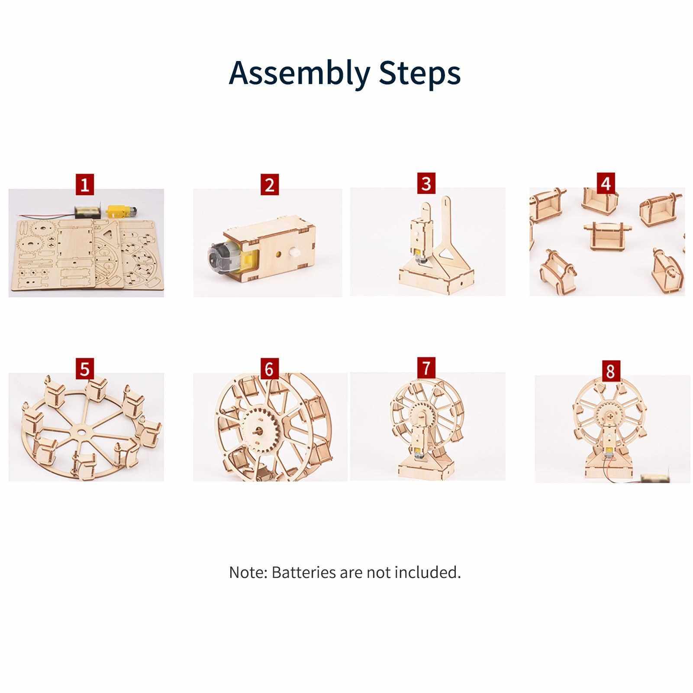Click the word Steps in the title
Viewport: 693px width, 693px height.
click(420, 72)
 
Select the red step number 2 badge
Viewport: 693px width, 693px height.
click(270, 185)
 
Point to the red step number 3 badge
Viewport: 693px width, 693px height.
click(426, 184)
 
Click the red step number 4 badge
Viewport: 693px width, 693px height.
click(606, 183)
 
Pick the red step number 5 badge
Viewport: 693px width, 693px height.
click(85, 369)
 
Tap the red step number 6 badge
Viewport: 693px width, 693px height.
click(269, 369)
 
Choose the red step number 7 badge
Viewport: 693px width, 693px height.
click(426, 367)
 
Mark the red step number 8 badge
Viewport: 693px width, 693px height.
click(610, 371)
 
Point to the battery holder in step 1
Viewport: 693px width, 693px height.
click(89, 212)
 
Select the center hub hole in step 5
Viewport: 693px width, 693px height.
click(81, 432)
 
